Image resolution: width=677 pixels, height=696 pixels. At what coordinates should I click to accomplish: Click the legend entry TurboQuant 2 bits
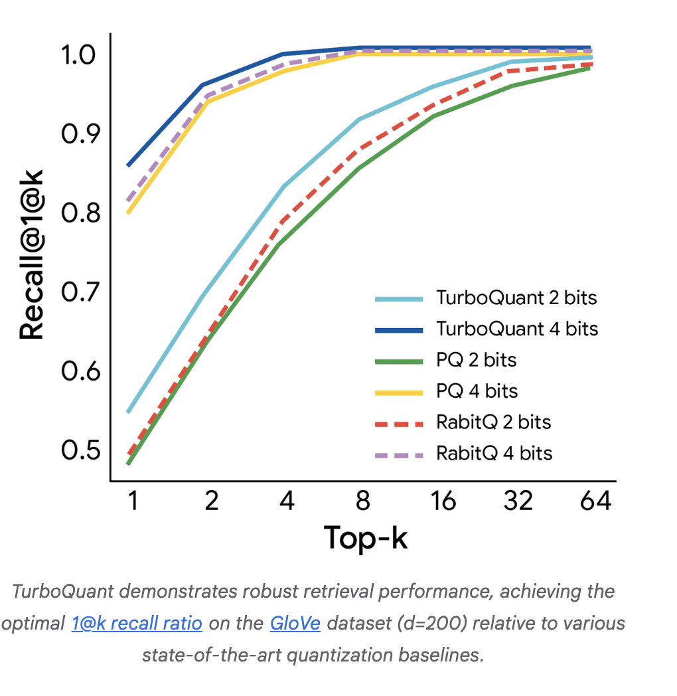click(516, 298)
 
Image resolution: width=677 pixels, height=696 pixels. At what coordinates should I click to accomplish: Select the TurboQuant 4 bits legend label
click(517, 329)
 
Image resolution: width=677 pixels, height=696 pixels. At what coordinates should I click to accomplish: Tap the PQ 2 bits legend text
click(476, 360)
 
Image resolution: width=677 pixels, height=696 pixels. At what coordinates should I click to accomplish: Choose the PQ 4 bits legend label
click(477, 391)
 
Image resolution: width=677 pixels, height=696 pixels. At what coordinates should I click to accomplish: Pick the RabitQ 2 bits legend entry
click(493, 422)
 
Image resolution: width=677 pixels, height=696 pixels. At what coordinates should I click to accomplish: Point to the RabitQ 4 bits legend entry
click(494, 454)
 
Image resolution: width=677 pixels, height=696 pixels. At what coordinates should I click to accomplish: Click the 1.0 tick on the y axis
click(79, 54)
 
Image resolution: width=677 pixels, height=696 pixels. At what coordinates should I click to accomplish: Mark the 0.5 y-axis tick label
click(79, 450)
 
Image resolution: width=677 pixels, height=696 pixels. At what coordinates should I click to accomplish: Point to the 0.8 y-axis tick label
click(79, 213)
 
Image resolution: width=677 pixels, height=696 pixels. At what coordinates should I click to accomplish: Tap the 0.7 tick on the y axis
click(79, 292)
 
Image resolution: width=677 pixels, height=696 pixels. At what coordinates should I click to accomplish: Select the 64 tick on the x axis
click(595, 501)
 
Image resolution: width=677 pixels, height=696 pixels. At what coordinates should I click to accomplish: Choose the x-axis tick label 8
click(362, 501)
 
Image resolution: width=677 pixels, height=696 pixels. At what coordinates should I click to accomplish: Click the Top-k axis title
click(366, 538)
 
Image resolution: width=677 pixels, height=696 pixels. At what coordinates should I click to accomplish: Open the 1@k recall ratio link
click(136, 624)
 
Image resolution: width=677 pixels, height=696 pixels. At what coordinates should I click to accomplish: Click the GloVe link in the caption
click(295, 624)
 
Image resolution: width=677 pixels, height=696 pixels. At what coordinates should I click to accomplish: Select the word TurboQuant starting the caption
click(64, 591)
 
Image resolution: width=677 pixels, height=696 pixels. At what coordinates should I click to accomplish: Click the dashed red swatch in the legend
click(398, 423)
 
